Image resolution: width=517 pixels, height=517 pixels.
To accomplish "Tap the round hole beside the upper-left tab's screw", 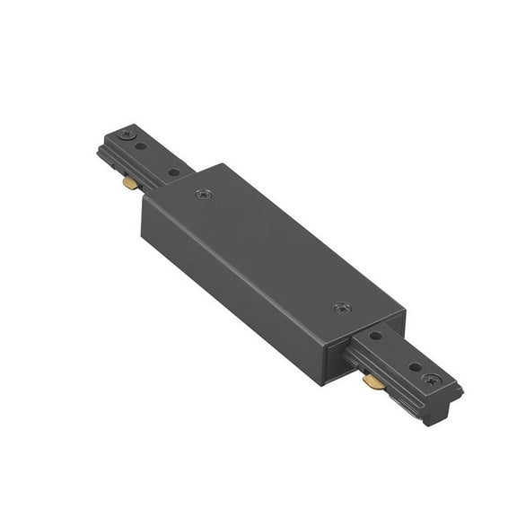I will point(141,145).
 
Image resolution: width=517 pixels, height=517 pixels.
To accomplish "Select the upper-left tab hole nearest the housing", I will point(173,171).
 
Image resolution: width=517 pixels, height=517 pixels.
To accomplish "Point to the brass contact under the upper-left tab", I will point(131,184).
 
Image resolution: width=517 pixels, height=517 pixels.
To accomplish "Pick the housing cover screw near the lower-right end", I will point(342,308).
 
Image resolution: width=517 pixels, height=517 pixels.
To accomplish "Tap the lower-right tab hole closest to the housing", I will point(375,336).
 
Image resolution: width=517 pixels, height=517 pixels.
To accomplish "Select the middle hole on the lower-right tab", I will point(414,366).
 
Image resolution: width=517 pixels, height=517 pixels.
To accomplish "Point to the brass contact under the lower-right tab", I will point(372,382).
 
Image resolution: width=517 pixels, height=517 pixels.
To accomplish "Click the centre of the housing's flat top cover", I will point(274,248).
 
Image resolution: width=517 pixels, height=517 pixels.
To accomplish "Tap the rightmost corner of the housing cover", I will point(405,313).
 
